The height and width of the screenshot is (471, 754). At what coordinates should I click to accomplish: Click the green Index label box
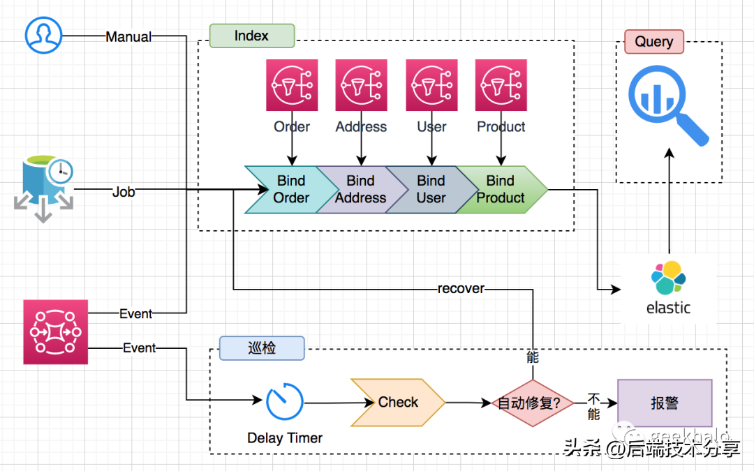point(252,36)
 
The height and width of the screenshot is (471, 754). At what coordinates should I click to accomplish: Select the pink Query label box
point(653,42)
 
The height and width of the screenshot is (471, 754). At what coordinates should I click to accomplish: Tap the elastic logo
point(668,287)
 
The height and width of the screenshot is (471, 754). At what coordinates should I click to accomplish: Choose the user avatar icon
point(44,35)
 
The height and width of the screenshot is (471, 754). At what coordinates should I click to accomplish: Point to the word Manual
point(128,37)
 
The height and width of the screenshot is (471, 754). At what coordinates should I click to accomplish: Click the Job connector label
point(124,191)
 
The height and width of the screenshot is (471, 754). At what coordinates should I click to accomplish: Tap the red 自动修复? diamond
point(533,403)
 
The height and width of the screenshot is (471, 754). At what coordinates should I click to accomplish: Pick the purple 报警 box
point(665,403)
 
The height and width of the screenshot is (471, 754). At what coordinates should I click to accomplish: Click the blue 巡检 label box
point(262,348)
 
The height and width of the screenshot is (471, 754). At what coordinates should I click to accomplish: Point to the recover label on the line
point(461,288)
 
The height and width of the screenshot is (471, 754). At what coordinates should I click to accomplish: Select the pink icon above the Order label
point(292,85)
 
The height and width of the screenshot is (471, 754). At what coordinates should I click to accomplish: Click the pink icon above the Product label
point(501,85)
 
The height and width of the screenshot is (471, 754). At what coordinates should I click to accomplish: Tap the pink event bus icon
point(56,332)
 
